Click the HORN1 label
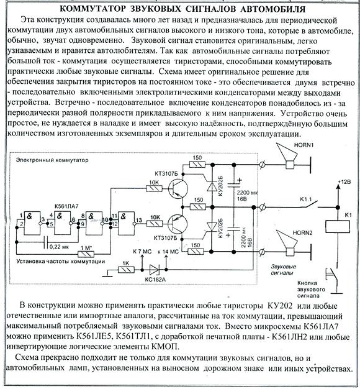pyautogui.click(x=304, y=145)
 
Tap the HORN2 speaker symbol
pyautogui.click(x=287, y=243)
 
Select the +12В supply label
pyautogui.click(x=344, y=182)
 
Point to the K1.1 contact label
pyautogui.click(x=306, y=199)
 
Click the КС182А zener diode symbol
pyautogui.click(x=154, y=270)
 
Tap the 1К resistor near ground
pyautogui.click(x=126, y=270)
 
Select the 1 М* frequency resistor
pyautogui.click(x=86, y=254)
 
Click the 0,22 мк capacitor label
pyautogui.click(x=59, y=247)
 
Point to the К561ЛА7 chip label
pyautogui.click(x=66, y=206)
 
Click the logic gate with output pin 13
pyautogui.click(x=127, y=223)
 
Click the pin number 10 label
pyautogui.click(x=105, y=219)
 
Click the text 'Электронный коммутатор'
pyautogui.click(x=52, y=160)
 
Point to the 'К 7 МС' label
pyautogui.click(x=142, y=252)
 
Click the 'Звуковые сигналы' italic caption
pyautogui.click(x=284, y=270)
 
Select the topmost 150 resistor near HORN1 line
pyautogui.click(x=197, y=164)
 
